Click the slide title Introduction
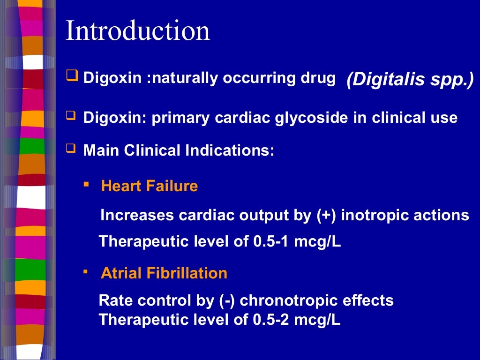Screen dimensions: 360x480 (x=138, y=31)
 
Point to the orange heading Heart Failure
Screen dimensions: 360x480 (x=150, y=186)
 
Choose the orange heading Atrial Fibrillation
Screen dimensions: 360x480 (x=164, y=273)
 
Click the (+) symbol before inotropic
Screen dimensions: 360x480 (x=324, y=215)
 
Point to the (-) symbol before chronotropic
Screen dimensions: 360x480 (x=227, y=300)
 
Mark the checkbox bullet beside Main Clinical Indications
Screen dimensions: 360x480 (x=71, y=149)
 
